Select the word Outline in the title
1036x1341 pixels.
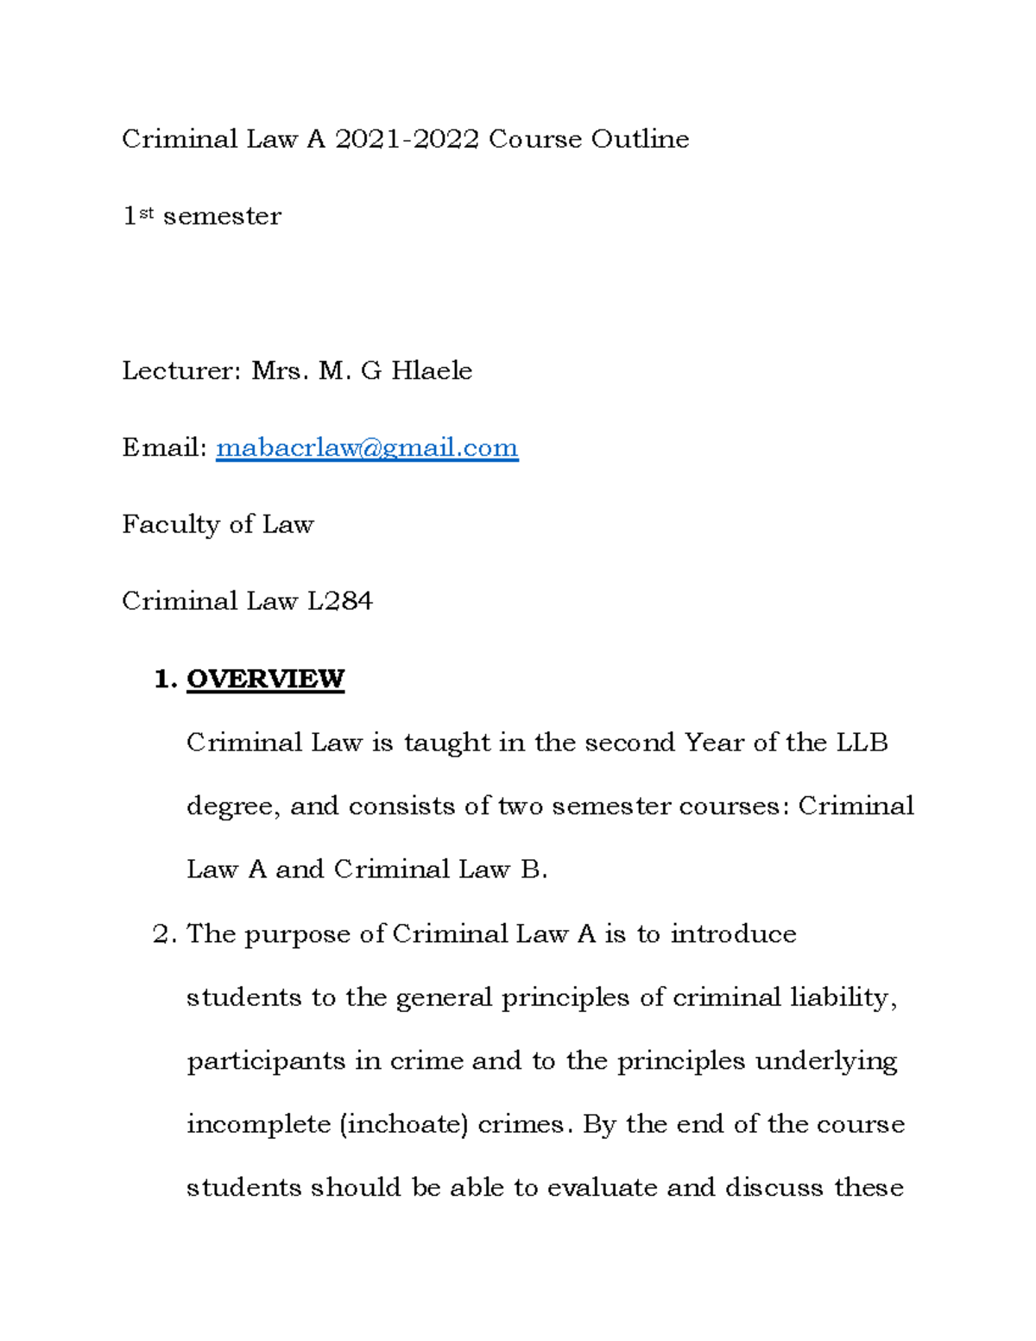(x=640, y=139)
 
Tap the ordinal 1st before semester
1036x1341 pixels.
(x=137, y=215)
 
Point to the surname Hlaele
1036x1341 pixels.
(x=432, y=371)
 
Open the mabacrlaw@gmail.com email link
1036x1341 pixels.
(x=367, y=448)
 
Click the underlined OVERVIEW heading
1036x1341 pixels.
(x=265, y=679)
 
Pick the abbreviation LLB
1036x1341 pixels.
(x=862, y=743)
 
